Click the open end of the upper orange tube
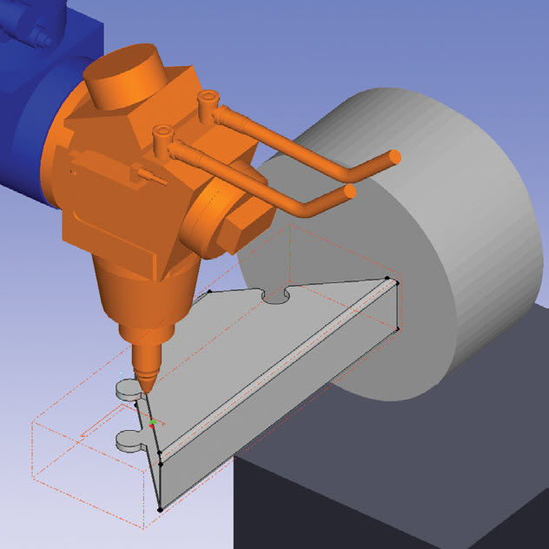point(394,156)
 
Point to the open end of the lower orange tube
point(350,190)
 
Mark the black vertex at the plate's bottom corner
point(160,509)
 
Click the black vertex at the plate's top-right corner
point(397,281)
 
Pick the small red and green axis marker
point(153,424)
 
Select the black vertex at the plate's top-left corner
point(209,293)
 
